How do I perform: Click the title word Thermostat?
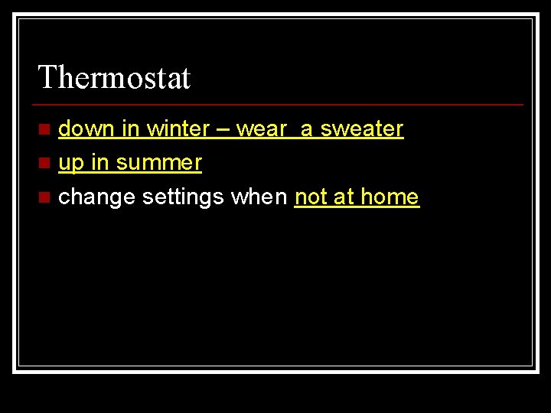(x=114, y=77)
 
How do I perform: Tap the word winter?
(x=178, y=129)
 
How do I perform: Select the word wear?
(x=262, y=130)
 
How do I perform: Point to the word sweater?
(x=361, y=129)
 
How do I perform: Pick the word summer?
(x=159, y=164)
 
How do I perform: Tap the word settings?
(x=183, y=198)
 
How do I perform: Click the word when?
(x=259, y=197)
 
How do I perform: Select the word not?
(x=311, y=197)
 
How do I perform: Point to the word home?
(x=390, y=197)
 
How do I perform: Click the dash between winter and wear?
(x=223, y=130)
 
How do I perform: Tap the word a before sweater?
(x=306, y=130)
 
